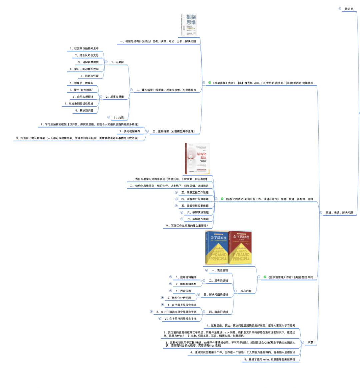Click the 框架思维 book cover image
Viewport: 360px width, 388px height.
click(189, 25)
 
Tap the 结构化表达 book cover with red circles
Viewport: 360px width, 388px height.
click(197, 158)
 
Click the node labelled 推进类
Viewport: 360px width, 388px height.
click(349, 9)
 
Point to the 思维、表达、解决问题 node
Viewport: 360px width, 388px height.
click(339, 212)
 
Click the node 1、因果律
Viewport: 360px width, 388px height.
click(117, 62)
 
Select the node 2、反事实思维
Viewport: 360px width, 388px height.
click(115, 97)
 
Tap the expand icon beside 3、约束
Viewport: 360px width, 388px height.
click(109, 117)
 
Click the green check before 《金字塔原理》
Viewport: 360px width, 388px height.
click(265, 277)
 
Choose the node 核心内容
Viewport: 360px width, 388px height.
click(246, 291)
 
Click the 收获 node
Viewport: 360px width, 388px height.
click(310, 342)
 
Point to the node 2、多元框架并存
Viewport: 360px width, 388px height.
click(130, 131)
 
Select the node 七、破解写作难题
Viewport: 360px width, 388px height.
click(198, 219)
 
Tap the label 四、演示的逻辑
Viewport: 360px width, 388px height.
click(218, 312)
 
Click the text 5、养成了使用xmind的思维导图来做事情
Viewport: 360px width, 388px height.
click(269, 359)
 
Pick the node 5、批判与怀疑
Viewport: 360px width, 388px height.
click(89, 76)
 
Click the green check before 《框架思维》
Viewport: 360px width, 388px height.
click(210, 83)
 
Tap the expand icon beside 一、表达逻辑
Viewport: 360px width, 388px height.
click(206, 270)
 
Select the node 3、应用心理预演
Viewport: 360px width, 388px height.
click(83, 97)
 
